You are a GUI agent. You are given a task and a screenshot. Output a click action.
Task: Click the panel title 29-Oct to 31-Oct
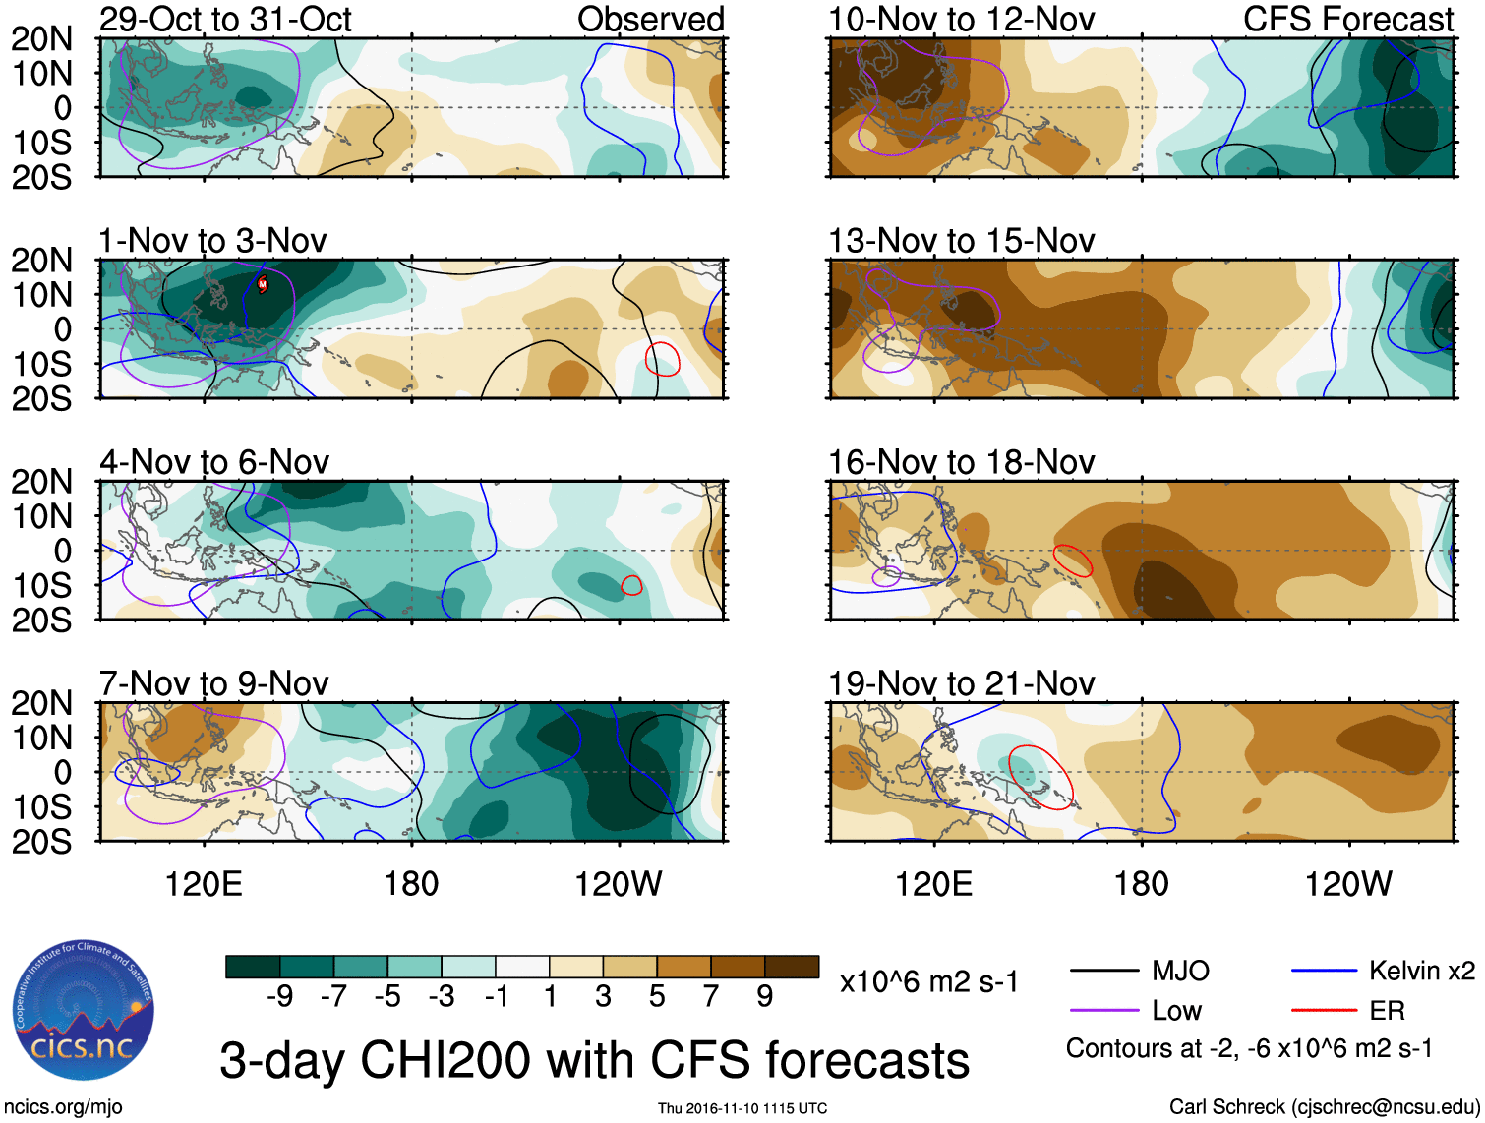(225, 19)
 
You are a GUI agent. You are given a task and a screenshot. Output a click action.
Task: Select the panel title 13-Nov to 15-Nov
(961, 240)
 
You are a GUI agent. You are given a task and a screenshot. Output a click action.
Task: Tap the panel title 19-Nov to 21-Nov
(961, 682)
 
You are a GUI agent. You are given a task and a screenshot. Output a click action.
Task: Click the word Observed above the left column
(650, 19)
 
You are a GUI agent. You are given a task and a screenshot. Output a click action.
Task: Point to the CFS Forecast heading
(1347, 19)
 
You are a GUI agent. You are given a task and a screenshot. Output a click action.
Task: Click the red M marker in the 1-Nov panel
(263, 284)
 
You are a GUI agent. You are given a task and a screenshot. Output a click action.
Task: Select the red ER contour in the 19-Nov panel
(1040, 777)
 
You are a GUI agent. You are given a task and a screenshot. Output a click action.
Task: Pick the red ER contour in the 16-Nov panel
(1072, 560)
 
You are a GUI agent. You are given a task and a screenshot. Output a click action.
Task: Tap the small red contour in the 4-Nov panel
(631, 586)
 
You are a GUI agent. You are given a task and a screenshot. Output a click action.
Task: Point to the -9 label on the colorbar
(279, 997)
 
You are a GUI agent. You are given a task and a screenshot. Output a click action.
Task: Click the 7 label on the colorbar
(711, 997)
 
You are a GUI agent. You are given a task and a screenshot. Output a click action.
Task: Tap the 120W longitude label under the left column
(618, 884)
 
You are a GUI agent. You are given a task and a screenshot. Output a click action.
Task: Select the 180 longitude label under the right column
(1141, 884)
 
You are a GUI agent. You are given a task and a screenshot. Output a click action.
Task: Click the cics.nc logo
(83, 1013)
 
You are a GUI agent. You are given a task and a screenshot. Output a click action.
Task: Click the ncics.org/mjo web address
(63, 1107)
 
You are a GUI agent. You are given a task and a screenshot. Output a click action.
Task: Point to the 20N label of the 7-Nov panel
(42, 703)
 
